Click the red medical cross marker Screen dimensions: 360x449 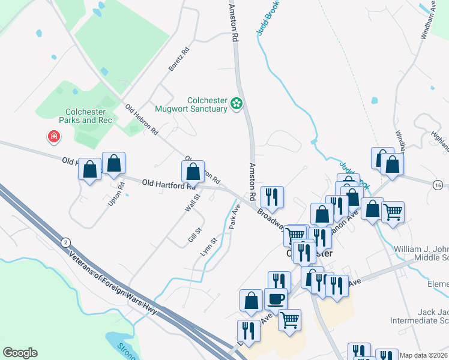[54, 137]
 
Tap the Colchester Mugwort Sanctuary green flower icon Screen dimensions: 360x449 [237, 104]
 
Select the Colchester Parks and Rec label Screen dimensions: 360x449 [85, 116]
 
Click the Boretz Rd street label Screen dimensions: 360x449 [179, 59]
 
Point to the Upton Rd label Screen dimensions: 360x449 [117, 191]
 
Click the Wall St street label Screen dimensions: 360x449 [192, 202]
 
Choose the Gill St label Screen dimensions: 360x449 [193, 233]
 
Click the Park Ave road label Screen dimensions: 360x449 [235, 215]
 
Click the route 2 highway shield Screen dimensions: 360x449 [64, 242]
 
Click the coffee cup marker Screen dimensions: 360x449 [276, 298]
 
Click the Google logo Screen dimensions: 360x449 [20, 353]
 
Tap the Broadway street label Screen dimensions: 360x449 [271, 218]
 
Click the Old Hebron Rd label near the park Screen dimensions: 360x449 [142, 119]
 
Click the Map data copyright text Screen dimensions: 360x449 [424, 355]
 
